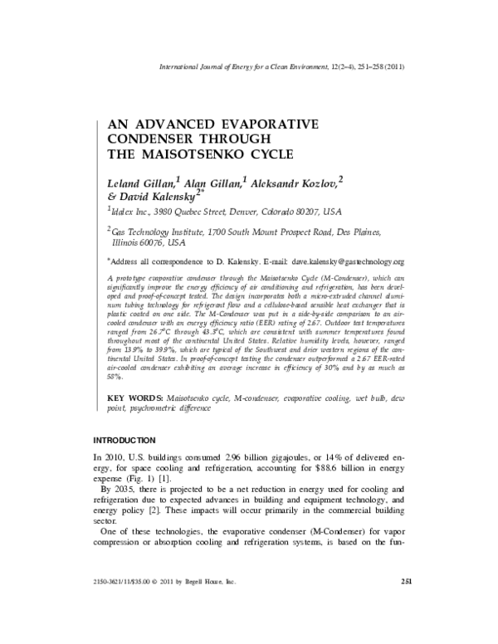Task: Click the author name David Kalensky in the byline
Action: point(159,197)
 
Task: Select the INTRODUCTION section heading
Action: point(124,438)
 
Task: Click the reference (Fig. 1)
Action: point(151,481)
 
